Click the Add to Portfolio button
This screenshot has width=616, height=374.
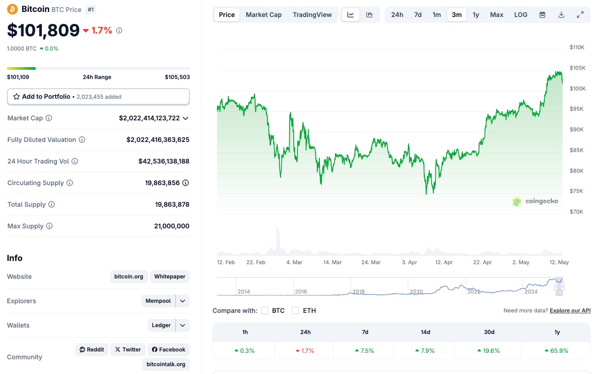[x=98, y=96]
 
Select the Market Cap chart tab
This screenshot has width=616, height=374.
[x=263, y=15]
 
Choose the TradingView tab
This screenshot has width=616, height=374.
[x=312, y=15]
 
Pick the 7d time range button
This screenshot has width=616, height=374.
[x=417, y=15]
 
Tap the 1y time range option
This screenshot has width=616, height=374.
[x=476, y=15]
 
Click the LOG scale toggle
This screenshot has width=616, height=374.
[x=520, y=15]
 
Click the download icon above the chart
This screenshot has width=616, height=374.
[x=561, y=15]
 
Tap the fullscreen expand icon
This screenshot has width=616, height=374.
[x=580, y=15]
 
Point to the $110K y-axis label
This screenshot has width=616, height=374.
[x=577, y=47]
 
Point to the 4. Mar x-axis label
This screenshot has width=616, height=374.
[x=294, y=262]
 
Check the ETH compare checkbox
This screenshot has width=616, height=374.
[x=296, y=311]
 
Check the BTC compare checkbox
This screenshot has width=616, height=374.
[x=265, y=311]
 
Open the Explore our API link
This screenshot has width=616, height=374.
[x=570, y=311]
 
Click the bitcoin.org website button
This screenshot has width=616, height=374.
[x=129, y=277]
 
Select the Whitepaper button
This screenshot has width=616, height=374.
[x=170, y=277]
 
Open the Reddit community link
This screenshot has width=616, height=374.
[x=91, y=350]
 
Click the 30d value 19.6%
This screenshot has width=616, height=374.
[x=489, y=351]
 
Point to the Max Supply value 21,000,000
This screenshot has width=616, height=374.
[x=171, y=226]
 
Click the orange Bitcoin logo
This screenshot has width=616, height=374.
[x=12, y=9]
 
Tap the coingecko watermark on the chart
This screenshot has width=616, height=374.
[x=536, y=201]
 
